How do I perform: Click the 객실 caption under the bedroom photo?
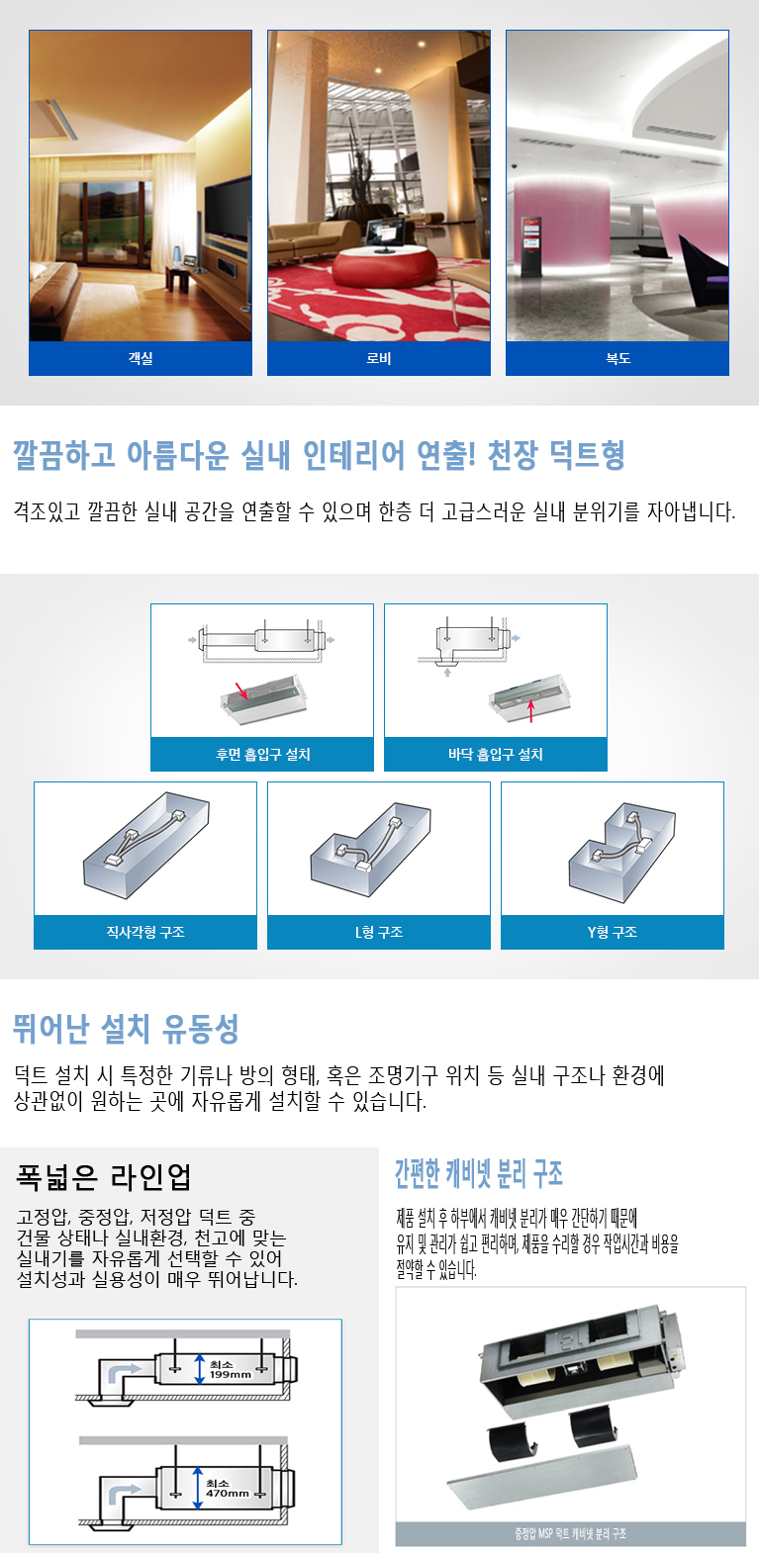coord(141,358)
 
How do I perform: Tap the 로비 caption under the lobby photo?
coord(379,358)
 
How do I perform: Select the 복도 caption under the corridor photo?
coord(617,358)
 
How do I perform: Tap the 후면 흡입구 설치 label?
coord(263,754)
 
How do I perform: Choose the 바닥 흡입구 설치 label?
coord(496,754)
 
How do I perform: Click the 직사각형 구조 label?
coord(145,932)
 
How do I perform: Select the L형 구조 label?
coord(379,932)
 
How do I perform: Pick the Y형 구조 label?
coord(613,932)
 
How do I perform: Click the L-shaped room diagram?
coord(371,849)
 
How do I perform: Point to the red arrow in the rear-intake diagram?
coord(241,690)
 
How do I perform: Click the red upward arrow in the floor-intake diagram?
coord(530,711)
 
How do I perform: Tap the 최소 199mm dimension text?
coord(231,1369)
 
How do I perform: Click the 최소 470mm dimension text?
coord(228,1488)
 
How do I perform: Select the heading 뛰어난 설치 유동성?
coord(126,1029)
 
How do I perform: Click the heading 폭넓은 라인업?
coord(103,1177)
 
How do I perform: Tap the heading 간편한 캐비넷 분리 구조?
coord(479,1174)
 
